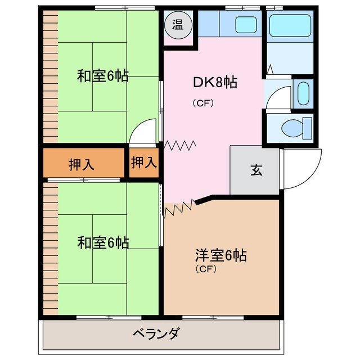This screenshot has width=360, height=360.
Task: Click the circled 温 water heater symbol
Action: point(178,24)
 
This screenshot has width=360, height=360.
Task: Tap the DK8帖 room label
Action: point(215,83)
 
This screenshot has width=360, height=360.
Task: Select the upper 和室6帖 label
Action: point(103,75)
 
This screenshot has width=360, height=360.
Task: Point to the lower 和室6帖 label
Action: point(103,243)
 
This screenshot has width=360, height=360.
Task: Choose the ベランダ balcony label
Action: point(156,334)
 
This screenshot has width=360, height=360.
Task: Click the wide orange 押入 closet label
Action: point(82,164)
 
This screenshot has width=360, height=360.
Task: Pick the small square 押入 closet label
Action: point(143,163)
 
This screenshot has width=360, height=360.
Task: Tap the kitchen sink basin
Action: point(245,24)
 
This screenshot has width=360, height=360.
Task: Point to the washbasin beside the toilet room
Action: point(303,93)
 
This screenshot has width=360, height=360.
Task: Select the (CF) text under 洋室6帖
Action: point(206,269)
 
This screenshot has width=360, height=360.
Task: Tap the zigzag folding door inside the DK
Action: point(180,146)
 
